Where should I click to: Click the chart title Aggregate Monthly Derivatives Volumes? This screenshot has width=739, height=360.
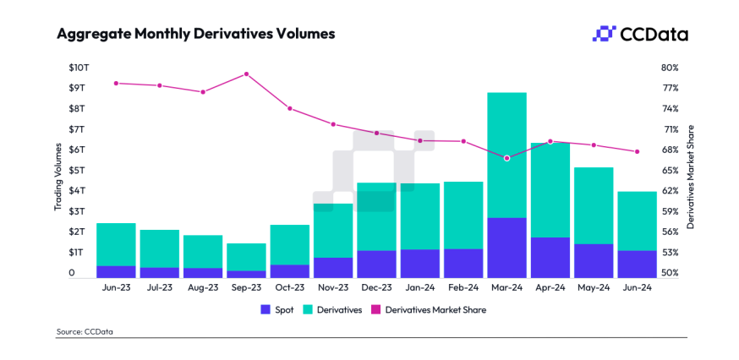pos(195,35)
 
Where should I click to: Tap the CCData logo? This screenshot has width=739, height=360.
pos(639,34)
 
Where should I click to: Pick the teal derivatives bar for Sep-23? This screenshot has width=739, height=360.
pos(246,257)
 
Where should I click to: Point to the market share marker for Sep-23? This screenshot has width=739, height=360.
pos(246,74)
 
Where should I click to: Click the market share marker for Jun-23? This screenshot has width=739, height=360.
pos(116,83)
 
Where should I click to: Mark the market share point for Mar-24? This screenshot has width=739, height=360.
pos(506,158)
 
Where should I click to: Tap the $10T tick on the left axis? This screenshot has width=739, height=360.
pos(77,68)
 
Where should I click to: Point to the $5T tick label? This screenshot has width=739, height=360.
pos(78,171)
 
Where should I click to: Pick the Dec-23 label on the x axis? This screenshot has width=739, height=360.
pos(376,287)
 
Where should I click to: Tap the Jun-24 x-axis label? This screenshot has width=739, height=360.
pos(637,287)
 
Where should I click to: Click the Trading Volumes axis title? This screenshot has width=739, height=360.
pos(58,177)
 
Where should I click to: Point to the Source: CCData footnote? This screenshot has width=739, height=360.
pos(85,332)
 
